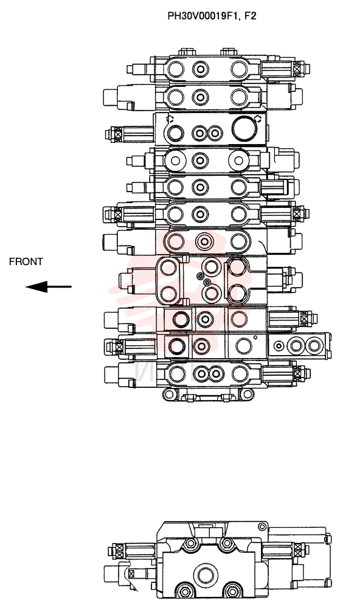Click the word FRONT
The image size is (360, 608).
(x=26, y=261)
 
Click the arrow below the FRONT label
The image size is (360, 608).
(x=49, y=287)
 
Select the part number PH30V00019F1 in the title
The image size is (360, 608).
(x=201, y=16)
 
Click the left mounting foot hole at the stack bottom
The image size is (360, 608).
(x=169, y=395)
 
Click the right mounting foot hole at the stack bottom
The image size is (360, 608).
(x=247, y=395)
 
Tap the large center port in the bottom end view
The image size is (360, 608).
(x=205, y=575)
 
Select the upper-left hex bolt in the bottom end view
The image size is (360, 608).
(x=190, y=544)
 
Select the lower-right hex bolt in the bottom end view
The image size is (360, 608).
(x=232, y=592)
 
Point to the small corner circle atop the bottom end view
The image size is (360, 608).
(x=262, y=527)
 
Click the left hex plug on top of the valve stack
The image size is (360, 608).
(x=186, y=51)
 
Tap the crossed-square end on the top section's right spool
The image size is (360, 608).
(x=297, y=69)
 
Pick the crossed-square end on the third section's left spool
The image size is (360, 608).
(x=117, y=134)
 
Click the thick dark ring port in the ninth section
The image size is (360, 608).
(x=181, y=319)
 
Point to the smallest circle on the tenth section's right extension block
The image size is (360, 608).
(x=277, y=345)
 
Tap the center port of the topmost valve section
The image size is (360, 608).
(x=200, y=70)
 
